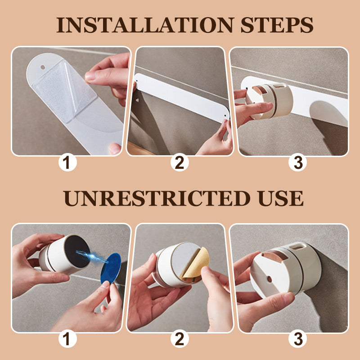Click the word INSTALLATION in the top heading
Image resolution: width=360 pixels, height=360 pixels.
[145, 25]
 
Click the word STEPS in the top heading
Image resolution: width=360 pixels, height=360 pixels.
[277, 25]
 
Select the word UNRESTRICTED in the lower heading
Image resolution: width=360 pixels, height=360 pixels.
[157, 198]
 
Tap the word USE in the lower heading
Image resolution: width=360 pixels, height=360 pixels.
[280, 198]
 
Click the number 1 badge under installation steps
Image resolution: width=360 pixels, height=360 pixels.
[67, 162]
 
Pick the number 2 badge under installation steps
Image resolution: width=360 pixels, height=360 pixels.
[180, 162]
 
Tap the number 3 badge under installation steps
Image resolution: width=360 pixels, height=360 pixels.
[298, 162]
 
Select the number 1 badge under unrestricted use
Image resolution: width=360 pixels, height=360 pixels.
[67, 339]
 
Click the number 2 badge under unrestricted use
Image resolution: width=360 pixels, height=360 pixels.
[180, 339]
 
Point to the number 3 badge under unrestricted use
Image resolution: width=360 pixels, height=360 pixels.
[298, 339]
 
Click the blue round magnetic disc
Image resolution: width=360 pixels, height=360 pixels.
[111, 268]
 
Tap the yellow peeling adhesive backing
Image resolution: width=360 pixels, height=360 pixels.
[196, 263]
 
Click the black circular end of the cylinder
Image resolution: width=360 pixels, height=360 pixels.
[77, 251]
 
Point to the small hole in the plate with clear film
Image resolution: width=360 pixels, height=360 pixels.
[43, 67]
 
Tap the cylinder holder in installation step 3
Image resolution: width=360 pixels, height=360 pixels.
[270, 101]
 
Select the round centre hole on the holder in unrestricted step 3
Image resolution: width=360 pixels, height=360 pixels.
[270, 279]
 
